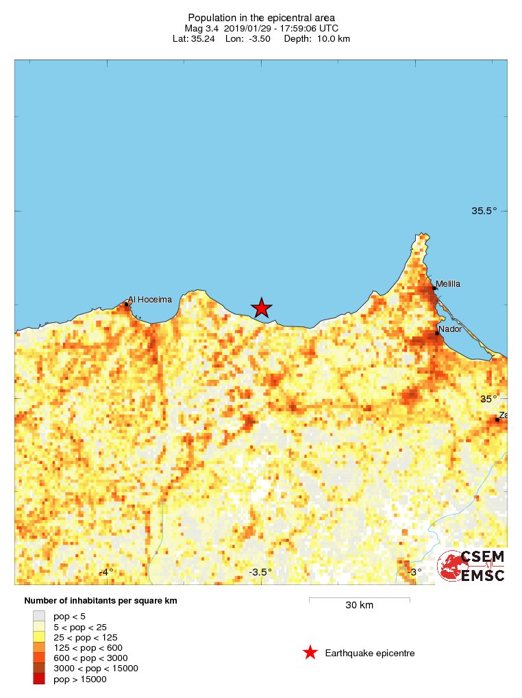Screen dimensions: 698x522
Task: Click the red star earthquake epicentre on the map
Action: click(261, 308)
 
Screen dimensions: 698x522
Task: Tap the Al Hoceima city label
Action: click(149, 299)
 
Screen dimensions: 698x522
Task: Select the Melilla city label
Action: click(448, 283)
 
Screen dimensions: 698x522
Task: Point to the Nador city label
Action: click(450, 328)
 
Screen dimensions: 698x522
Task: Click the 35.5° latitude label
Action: click(484, 211)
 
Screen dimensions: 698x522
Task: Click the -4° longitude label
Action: click(105, 572)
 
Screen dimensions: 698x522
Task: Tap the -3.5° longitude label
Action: click(260, 572)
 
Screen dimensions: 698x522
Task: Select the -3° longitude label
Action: click(413, 572)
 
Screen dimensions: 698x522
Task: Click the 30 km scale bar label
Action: click(359, 605)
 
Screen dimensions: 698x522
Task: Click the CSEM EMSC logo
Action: click(472, 566)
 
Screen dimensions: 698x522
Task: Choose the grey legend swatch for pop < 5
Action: click(40, 616)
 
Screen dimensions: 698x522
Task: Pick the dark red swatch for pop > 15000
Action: click(40, 678)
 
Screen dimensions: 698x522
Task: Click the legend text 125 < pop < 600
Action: click(88, 647)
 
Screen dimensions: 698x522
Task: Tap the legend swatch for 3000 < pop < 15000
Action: click(40, 668)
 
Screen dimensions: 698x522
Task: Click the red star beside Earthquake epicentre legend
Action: click(310, 653)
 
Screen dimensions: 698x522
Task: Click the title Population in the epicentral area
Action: click(261, 18)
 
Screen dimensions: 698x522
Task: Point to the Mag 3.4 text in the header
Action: click(203, 29)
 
